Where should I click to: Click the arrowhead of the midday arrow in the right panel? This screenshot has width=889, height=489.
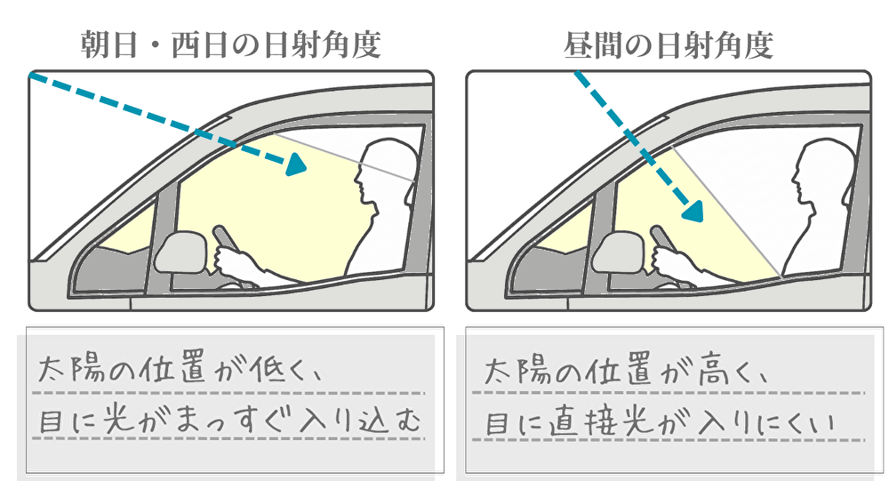(693, 211)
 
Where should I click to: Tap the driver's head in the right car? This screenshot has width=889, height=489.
(823, 169)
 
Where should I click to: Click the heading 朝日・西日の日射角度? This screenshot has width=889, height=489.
(230, 44)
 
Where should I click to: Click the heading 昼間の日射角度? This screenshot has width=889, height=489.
(668, 44)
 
